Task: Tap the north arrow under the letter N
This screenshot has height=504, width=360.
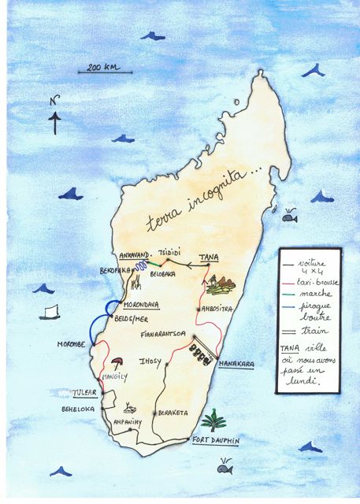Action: click(54, 123)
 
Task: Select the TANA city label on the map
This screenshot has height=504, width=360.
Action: click(209, 258)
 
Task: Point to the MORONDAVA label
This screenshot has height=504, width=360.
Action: click(125, 303)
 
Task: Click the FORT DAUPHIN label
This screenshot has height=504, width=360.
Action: click(215, 441)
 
